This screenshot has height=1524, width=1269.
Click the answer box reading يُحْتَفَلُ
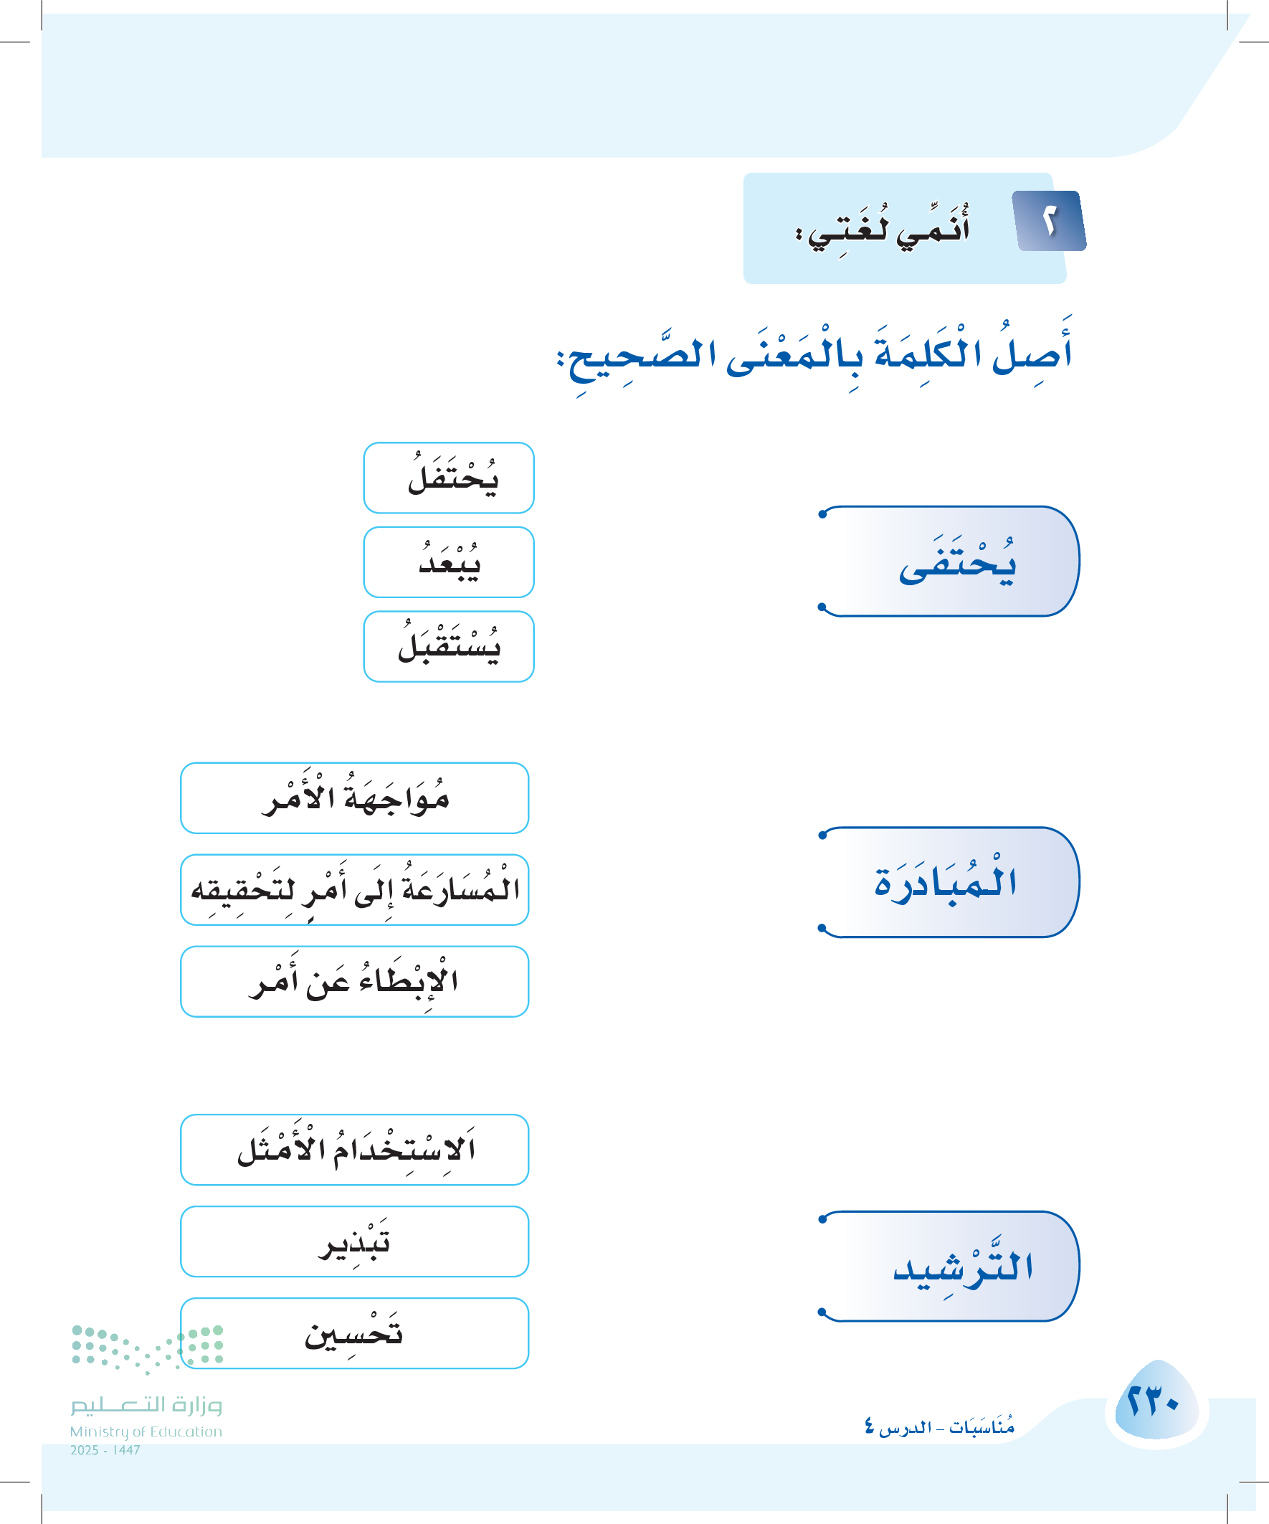coord(448,478)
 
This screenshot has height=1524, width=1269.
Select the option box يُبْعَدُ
coord(448,562)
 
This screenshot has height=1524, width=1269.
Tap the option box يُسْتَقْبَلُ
coord(448,647)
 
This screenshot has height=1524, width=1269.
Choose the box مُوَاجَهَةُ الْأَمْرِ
coord(354,798)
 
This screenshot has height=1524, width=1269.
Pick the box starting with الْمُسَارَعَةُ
coord(354,890)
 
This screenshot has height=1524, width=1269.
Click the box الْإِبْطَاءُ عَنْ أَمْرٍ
coord(354,982)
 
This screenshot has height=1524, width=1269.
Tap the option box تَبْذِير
coord(354,1241)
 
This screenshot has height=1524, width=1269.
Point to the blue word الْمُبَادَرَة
coord(946,882)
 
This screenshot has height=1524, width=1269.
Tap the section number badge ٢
coord(1050,222)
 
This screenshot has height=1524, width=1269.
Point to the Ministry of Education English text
coord(146,1431)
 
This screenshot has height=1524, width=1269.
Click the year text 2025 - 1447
coord(105,1450)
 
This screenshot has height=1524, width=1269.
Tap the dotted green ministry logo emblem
coord(147,1348)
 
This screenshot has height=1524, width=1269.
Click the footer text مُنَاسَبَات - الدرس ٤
coord(939,1427)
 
